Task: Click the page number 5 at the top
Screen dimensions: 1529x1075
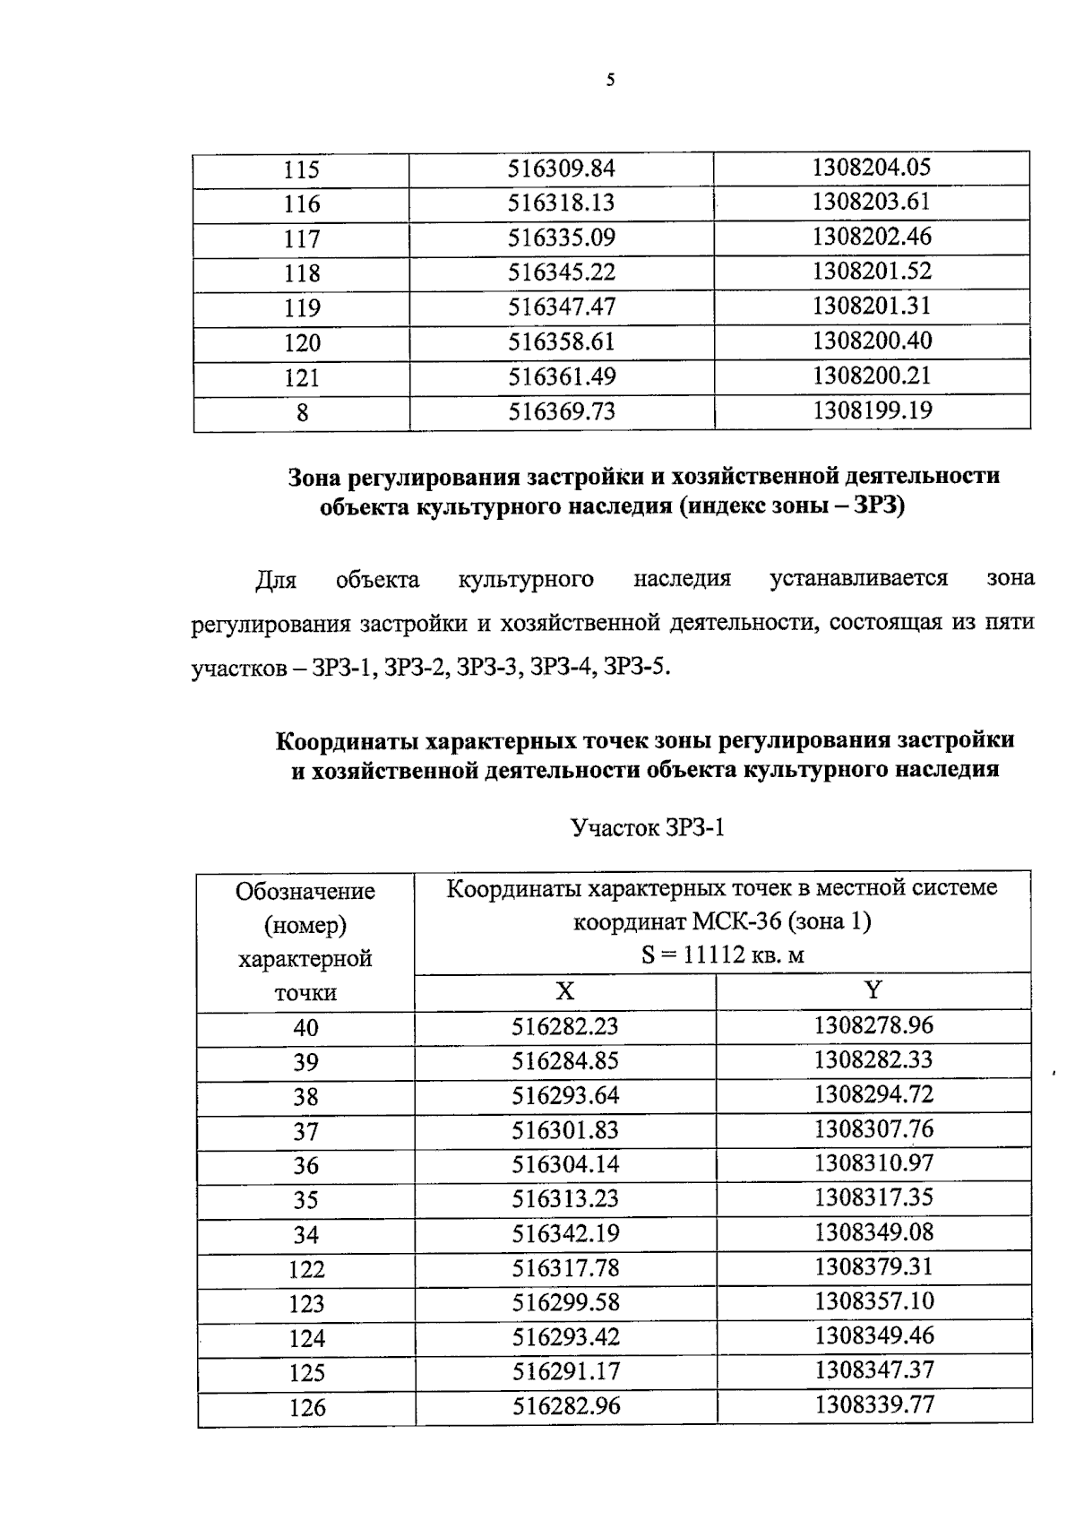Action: (x=611, y=81)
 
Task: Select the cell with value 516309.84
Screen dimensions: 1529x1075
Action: (x=562, y=168)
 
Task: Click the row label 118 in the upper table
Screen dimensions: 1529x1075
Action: (x=302, y=273)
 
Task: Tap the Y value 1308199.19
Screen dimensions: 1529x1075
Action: (x=872, y=410)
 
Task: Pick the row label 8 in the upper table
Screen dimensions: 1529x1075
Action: (x=302, y=413)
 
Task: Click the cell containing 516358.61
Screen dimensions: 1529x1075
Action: (x=562, y=342)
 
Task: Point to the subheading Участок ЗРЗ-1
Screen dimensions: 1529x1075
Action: (x=648, y=828)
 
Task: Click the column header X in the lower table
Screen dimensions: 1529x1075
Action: (x=564, y=990)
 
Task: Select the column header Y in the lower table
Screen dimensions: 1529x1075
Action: (x=873, y=989)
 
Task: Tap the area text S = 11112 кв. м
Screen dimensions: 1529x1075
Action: (x=722, y=955)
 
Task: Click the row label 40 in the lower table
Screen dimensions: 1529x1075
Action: (x=305, y=1028)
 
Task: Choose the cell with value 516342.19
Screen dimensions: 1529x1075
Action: (x=565, y=1234)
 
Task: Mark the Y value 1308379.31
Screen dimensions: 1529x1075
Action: (x=873, y=1266)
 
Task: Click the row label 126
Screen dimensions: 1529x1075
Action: (x=306, y=1408)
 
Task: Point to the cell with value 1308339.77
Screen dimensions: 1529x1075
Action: (x=873, y=1404)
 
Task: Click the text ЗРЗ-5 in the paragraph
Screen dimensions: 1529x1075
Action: (x=637, y=669)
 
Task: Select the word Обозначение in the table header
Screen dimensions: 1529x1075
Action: (x=305, y=892)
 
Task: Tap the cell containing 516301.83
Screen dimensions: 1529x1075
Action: (x=565, y=1130)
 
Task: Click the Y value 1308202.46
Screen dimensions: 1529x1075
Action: (x=872, y=237)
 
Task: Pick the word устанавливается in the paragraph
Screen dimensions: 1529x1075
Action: (x=858, y=579)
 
